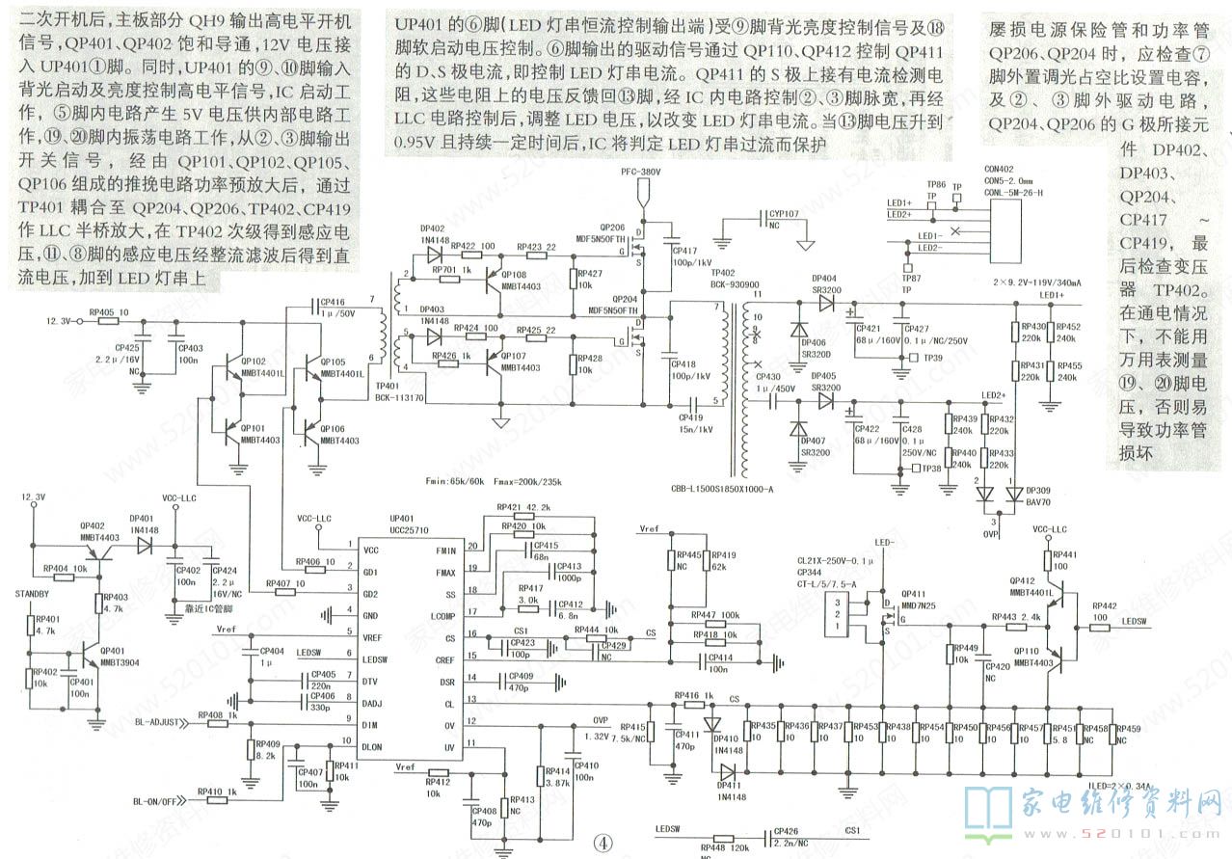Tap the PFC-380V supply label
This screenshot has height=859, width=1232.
(640, 199)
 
